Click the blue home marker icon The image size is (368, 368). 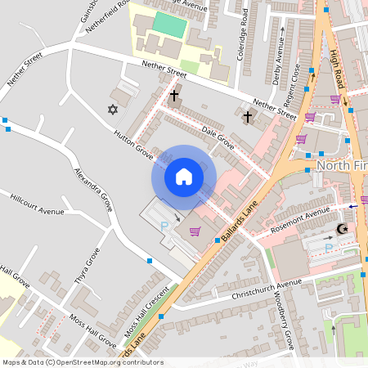click(x=184, y=177)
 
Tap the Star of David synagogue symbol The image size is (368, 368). click(x=113, y=109)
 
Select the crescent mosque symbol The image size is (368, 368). click(x=342, y=229)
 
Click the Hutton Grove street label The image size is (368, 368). click(x=134, y=145)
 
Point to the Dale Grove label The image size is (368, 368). click(x=218, y=137)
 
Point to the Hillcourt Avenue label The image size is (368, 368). click(x=37, y=205)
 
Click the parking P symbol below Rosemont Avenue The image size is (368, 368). click(x=329, y=247)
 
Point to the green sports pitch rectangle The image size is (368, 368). click(x=170, y=24)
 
